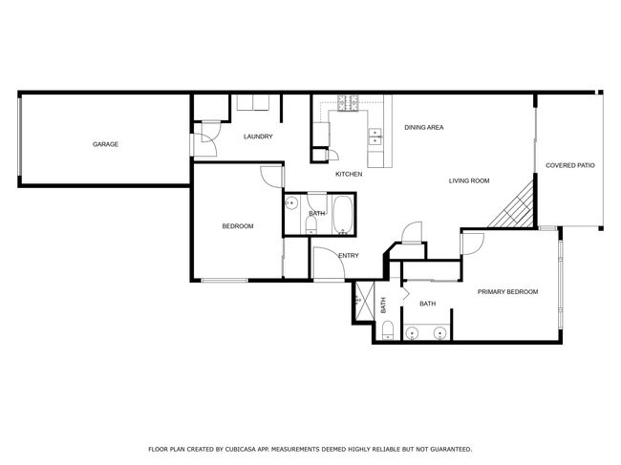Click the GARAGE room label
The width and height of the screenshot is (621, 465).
105,144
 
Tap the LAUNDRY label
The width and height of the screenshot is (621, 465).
258,137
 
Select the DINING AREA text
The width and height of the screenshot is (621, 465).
424,127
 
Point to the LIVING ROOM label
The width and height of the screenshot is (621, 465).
469,180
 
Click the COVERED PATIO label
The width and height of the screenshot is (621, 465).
570,165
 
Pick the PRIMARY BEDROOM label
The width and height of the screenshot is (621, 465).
507,292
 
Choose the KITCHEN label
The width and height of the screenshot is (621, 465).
349,174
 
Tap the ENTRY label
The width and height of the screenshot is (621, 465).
349,256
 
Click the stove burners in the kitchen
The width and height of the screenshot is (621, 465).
348,103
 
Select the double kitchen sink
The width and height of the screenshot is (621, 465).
375,137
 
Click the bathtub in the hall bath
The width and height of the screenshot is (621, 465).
343,215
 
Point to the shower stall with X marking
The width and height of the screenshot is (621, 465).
365,301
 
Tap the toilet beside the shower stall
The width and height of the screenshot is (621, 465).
387,330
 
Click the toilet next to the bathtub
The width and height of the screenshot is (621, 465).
311,225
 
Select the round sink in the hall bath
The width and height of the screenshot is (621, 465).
291,203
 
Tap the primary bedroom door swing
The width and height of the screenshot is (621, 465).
473,243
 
